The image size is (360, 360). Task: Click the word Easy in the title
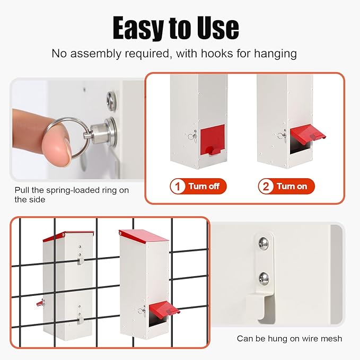[x=138, y=28]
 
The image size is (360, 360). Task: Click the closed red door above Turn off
[x=213, y=140]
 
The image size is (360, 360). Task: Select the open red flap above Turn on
[x=308, y=133]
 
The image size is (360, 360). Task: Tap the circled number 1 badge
[x=177, y=186]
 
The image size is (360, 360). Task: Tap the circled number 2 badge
[x=266, y=186]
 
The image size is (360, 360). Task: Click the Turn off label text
[x=204, y=186]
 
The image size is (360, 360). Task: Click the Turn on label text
[x=292, y=186]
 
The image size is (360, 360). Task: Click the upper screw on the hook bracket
[x=264, y=243]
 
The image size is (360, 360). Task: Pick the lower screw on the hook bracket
[x=264, y=278]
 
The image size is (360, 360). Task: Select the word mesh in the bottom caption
[x=332, y=338]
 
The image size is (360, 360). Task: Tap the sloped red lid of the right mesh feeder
[x=144, y=236]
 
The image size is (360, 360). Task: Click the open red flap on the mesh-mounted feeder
[x=164, y=308]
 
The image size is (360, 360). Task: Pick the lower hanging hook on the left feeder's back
[x=81, y=320]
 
